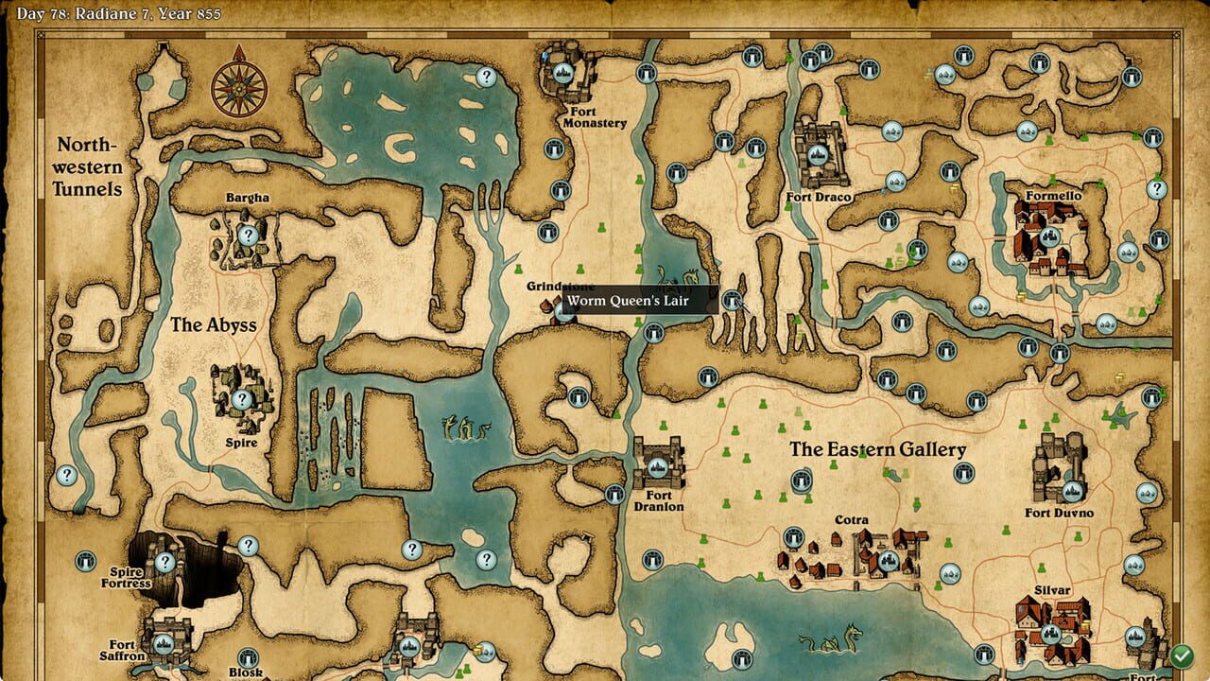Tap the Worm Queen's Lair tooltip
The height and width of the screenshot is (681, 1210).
[x=641, y=301]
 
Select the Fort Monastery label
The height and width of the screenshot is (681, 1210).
[x=594, y=117]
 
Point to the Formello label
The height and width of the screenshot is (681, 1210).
[x=1053, y=196]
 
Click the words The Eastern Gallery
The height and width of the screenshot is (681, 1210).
[x=878, y=449]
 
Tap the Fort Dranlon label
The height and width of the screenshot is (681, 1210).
[x=659, y=501]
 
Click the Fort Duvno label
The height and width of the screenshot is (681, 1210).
[x=1059, y=513]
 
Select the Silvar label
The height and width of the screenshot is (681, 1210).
[x=1052, y=590]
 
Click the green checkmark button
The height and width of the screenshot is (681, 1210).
[x=1181, y=655]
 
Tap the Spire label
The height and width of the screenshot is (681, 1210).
[x=242, y=442]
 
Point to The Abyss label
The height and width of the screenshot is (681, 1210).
[x=214, y=324]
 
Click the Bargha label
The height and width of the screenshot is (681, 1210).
[x=248, y=198]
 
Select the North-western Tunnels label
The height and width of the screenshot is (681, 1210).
[x=89, y=166]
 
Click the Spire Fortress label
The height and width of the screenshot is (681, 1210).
[x=126, y=577]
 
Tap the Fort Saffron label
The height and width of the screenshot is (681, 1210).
[x=123, y=650]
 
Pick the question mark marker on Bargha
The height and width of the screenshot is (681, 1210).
[x=248, y=236]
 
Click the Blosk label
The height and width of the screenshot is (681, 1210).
[x=246, y=672]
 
